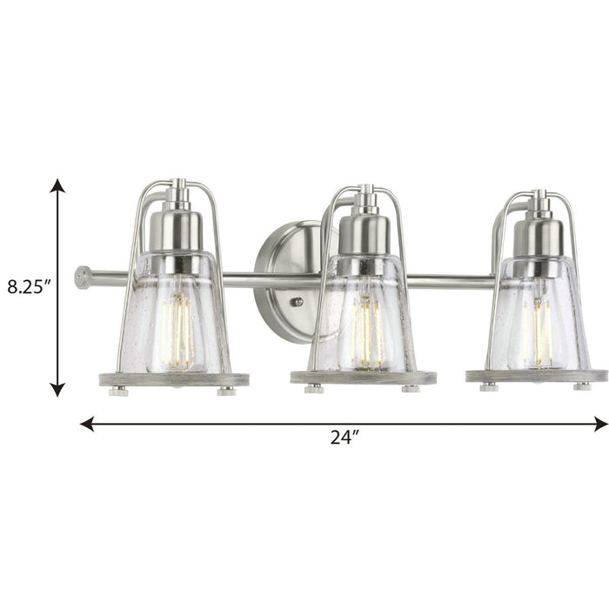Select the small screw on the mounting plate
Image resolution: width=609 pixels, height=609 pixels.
(297, 302)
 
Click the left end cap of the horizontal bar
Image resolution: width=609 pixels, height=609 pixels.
(83, 277)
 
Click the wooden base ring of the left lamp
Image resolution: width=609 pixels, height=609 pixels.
(182, 379)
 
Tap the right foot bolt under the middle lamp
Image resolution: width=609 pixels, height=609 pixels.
(411, 389)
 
